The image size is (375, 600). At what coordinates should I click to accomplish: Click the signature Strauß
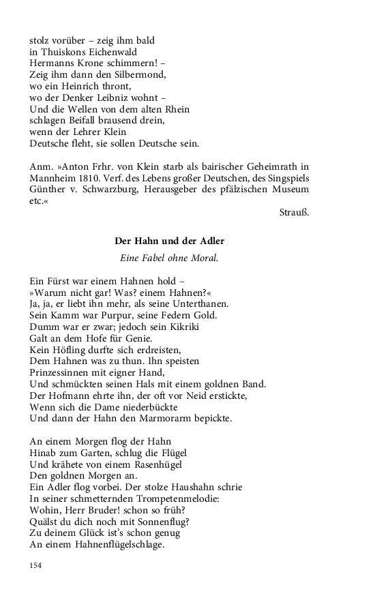295,213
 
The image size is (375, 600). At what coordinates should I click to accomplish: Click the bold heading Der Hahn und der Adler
170,241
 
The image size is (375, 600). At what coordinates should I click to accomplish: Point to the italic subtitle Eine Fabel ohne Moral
170,258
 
